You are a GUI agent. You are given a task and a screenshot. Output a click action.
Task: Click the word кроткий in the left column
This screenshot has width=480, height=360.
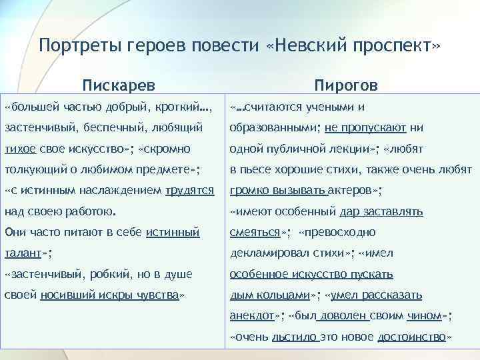179,107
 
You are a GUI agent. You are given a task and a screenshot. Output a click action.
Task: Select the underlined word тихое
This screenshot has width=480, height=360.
20,148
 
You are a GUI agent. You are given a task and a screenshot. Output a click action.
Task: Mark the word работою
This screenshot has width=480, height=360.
88,211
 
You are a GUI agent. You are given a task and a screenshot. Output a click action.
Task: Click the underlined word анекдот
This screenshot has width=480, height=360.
252,316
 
